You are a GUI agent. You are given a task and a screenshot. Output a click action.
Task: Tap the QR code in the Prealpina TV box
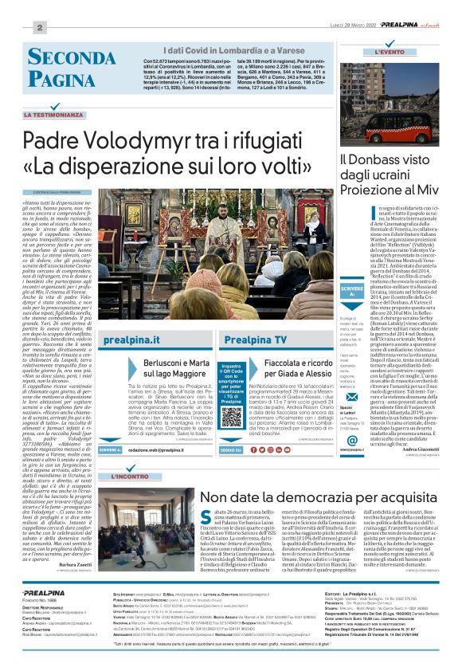[230, 417]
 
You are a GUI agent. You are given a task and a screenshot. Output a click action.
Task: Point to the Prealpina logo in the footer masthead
[39, 615]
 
